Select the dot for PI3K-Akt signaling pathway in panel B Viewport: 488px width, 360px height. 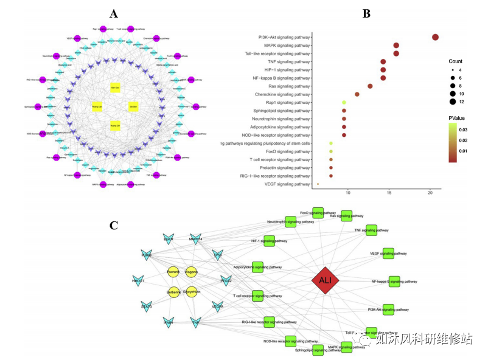tap(435, 38)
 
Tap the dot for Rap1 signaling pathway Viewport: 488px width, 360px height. tap(344, 103)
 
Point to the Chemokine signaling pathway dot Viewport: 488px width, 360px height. tap(357, 94)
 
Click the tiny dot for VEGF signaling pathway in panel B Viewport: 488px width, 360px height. tap(318, 184)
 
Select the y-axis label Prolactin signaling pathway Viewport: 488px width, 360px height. tap(284, 167)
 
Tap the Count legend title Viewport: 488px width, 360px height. tap(456, 62)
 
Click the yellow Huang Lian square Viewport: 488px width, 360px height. tap(96, 107)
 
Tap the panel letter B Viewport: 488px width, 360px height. tap(366, 13)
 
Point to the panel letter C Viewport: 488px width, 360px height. tap(114, 226)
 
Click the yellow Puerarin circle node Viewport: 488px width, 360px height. tap(173, 272)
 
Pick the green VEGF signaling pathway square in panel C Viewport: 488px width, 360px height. tap(388, 253)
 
